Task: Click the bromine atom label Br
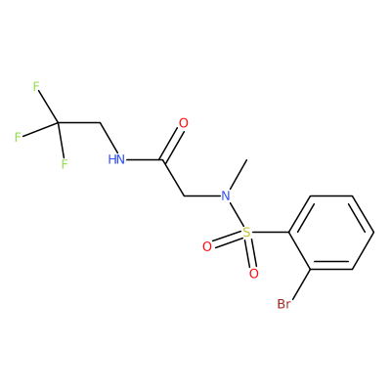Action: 283,304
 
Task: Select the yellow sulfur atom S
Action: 246,233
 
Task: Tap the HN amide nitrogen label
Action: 116,159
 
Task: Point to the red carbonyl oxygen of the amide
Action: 184,123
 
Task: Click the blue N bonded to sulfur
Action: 226,196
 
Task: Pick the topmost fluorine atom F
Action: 36,87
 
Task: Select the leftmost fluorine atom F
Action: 18,137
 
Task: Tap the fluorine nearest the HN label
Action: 65,163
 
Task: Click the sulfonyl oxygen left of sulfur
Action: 207,246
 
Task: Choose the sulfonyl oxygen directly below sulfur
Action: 254,274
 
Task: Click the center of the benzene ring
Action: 331,233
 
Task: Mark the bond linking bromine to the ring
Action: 302,283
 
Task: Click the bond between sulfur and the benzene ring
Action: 270,233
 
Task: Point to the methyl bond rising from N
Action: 239,174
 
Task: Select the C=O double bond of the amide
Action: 170,144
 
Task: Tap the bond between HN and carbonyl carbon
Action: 144,159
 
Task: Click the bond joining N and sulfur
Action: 237,215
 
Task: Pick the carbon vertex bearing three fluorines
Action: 58,123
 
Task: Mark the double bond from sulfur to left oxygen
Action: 227,239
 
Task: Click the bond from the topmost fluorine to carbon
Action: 48,107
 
